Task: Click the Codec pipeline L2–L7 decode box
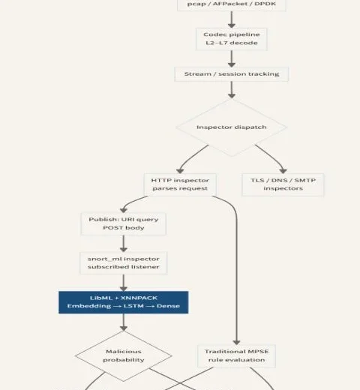[232, 39]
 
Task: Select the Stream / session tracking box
[232, 74]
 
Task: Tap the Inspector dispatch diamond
[232, 127]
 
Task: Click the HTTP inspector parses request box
[180, 184]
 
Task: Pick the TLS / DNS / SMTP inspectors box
[283, 184]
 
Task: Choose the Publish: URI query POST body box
[124, 223]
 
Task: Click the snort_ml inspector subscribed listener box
[124, 263]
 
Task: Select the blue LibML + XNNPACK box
[124, 302]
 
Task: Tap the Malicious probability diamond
[124, 355]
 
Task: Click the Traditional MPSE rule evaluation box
[236, 355]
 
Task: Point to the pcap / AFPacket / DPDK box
[232, 4]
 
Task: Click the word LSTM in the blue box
[133, 306]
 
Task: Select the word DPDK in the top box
[265, 4]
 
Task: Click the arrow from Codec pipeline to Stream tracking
[232, 58]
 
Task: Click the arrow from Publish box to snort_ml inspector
[124, 244]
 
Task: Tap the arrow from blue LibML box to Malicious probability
[124, 322]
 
